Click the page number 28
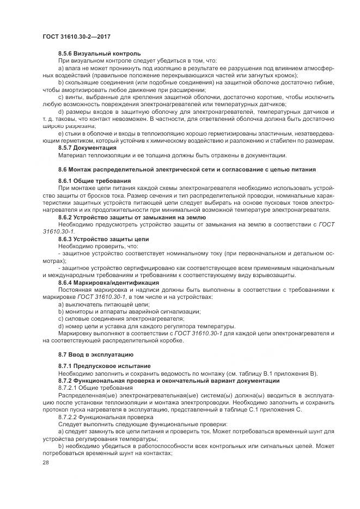[x=46, y=462]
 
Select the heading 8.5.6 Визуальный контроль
[x=99, y=53]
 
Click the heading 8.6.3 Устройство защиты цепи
[x=103, y=238]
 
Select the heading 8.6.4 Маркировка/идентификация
[x=108, y=283]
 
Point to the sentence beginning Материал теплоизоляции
[x=169, y=155]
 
